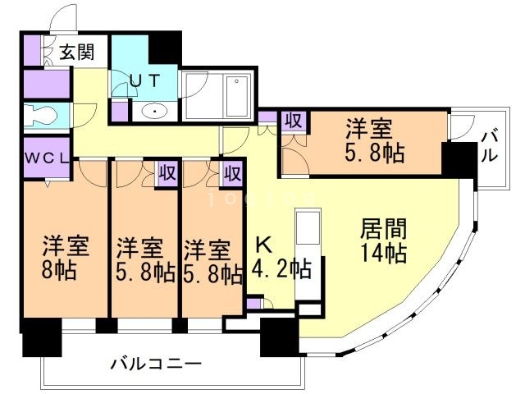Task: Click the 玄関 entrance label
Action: coord(78,53)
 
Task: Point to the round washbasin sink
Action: coord(153,111)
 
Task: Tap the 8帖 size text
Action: coord(62,270)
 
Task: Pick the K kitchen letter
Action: coord(263,244)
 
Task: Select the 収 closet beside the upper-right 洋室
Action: coord(293,121)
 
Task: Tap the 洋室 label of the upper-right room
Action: coord(368,129)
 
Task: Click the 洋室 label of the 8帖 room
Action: coord(62,245)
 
